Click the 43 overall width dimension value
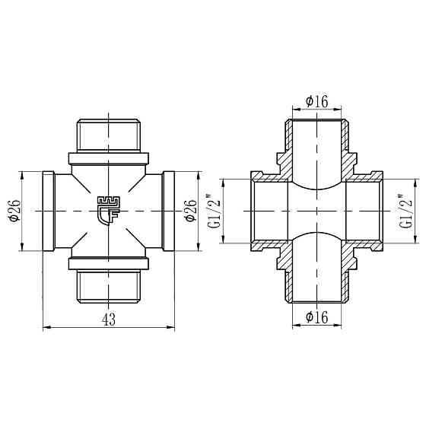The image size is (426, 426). point(109,319)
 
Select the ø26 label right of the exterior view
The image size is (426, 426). point(191,209)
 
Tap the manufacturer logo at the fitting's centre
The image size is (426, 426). point(109,208)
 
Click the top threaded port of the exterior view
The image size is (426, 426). point(109,134)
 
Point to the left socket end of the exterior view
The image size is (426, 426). point(49,210)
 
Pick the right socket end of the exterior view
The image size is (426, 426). point(169,210)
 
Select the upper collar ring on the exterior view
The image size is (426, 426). point(109,158)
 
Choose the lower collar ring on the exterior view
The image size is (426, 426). point(109,263)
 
